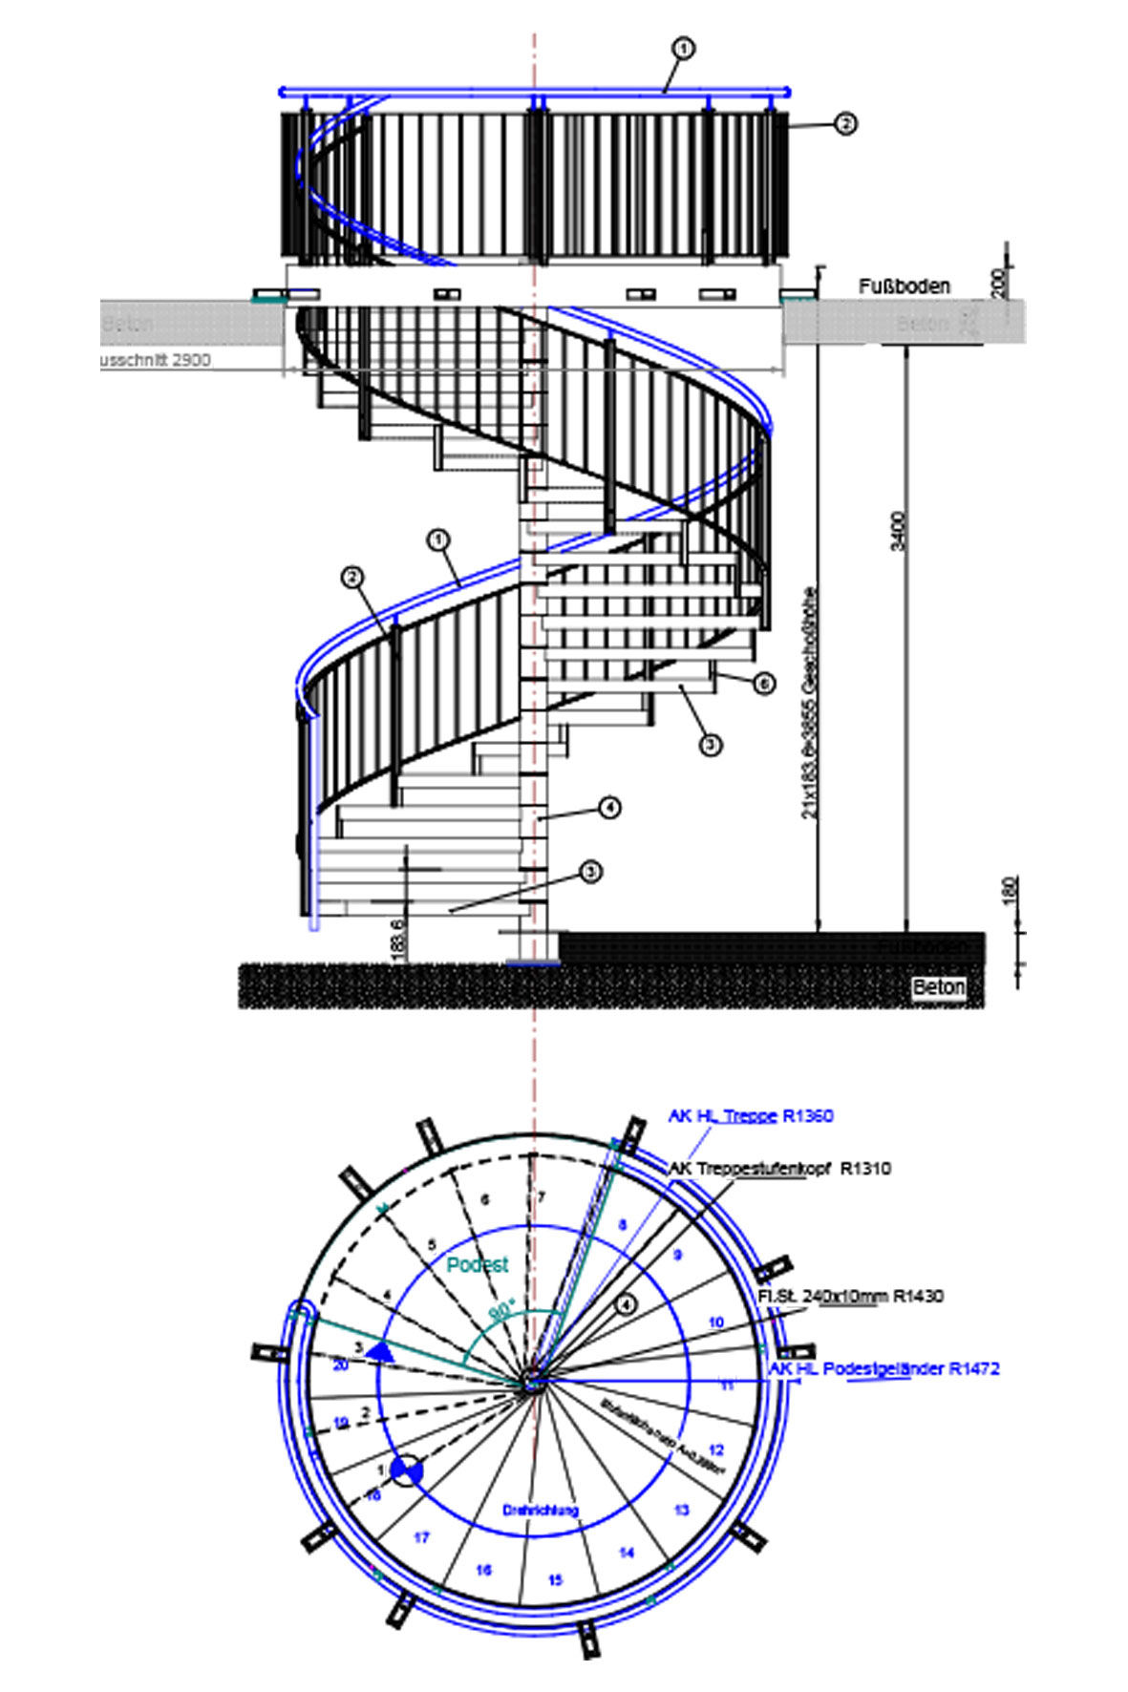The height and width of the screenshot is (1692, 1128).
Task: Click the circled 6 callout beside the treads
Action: tap(762, 684)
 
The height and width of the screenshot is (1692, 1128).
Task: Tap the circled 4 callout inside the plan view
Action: tap(626, 1303)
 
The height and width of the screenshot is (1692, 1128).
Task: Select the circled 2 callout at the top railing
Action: tap(844, 123)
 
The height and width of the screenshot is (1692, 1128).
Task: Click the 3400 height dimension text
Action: tap(898, 531)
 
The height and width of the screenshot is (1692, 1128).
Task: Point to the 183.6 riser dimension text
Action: tap(397, 939)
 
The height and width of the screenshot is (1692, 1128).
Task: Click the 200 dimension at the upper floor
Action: tap(999, 283)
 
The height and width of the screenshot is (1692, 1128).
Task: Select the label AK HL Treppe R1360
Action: tap(751, 1115)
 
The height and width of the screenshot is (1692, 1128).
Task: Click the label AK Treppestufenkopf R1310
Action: tap(778, 1168)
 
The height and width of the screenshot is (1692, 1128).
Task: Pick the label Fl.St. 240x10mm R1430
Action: tap(850, 1296)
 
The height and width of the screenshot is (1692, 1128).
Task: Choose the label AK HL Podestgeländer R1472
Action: tap(884, 1368)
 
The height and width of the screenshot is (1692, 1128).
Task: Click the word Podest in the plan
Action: tap(478, 1264)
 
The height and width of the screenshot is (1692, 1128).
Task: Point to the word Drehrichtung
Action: tap(541, 1510)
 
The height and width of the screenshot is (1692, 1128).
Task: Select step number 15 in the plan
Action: tap(555, 1580)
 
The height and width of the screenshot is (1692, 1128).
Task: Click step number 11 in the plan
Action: tap(728, 1385)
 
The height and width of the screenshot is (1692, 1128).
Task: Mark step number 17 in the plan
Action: tap(421, 1537)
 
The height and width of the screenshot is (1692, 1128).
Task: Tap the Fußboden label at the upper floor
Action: tap(904, 286)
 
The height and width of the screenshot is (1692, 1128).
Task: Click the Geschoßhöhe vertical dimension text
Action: tap(810, 703)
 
